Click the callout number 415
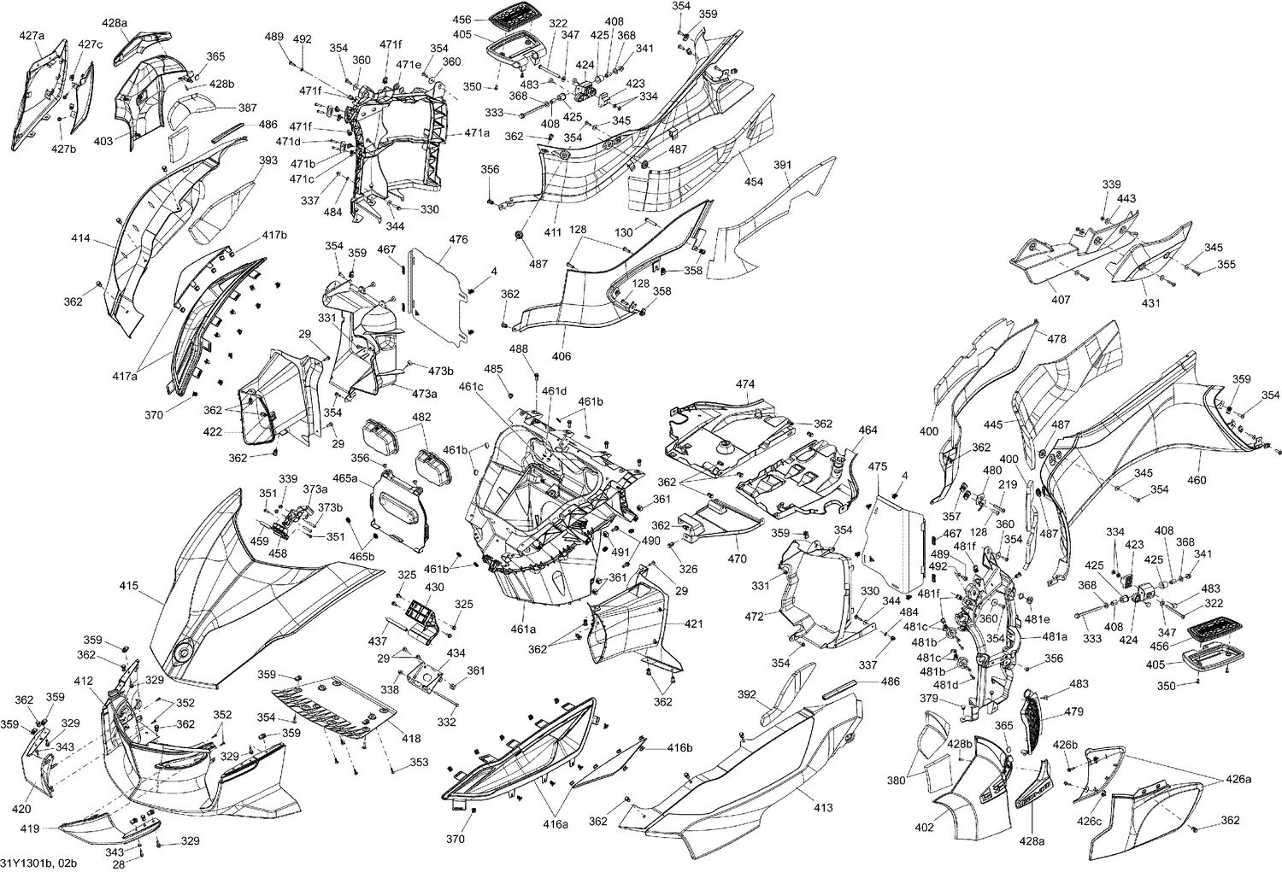click(129, 587)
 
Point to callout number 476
click(458, 240)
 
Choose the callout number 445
click(993, 424)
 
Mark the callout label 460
click(1197, 480)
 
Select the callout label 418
click(411, 738)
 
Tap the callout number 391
click(783, 165)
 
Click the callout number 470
click(737, 559)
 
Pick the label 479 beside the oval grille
click(1074, 711)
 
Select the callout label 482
click(421, 418)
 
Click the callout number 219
click(1009, 484)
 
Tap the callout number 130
click(624, 233)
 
